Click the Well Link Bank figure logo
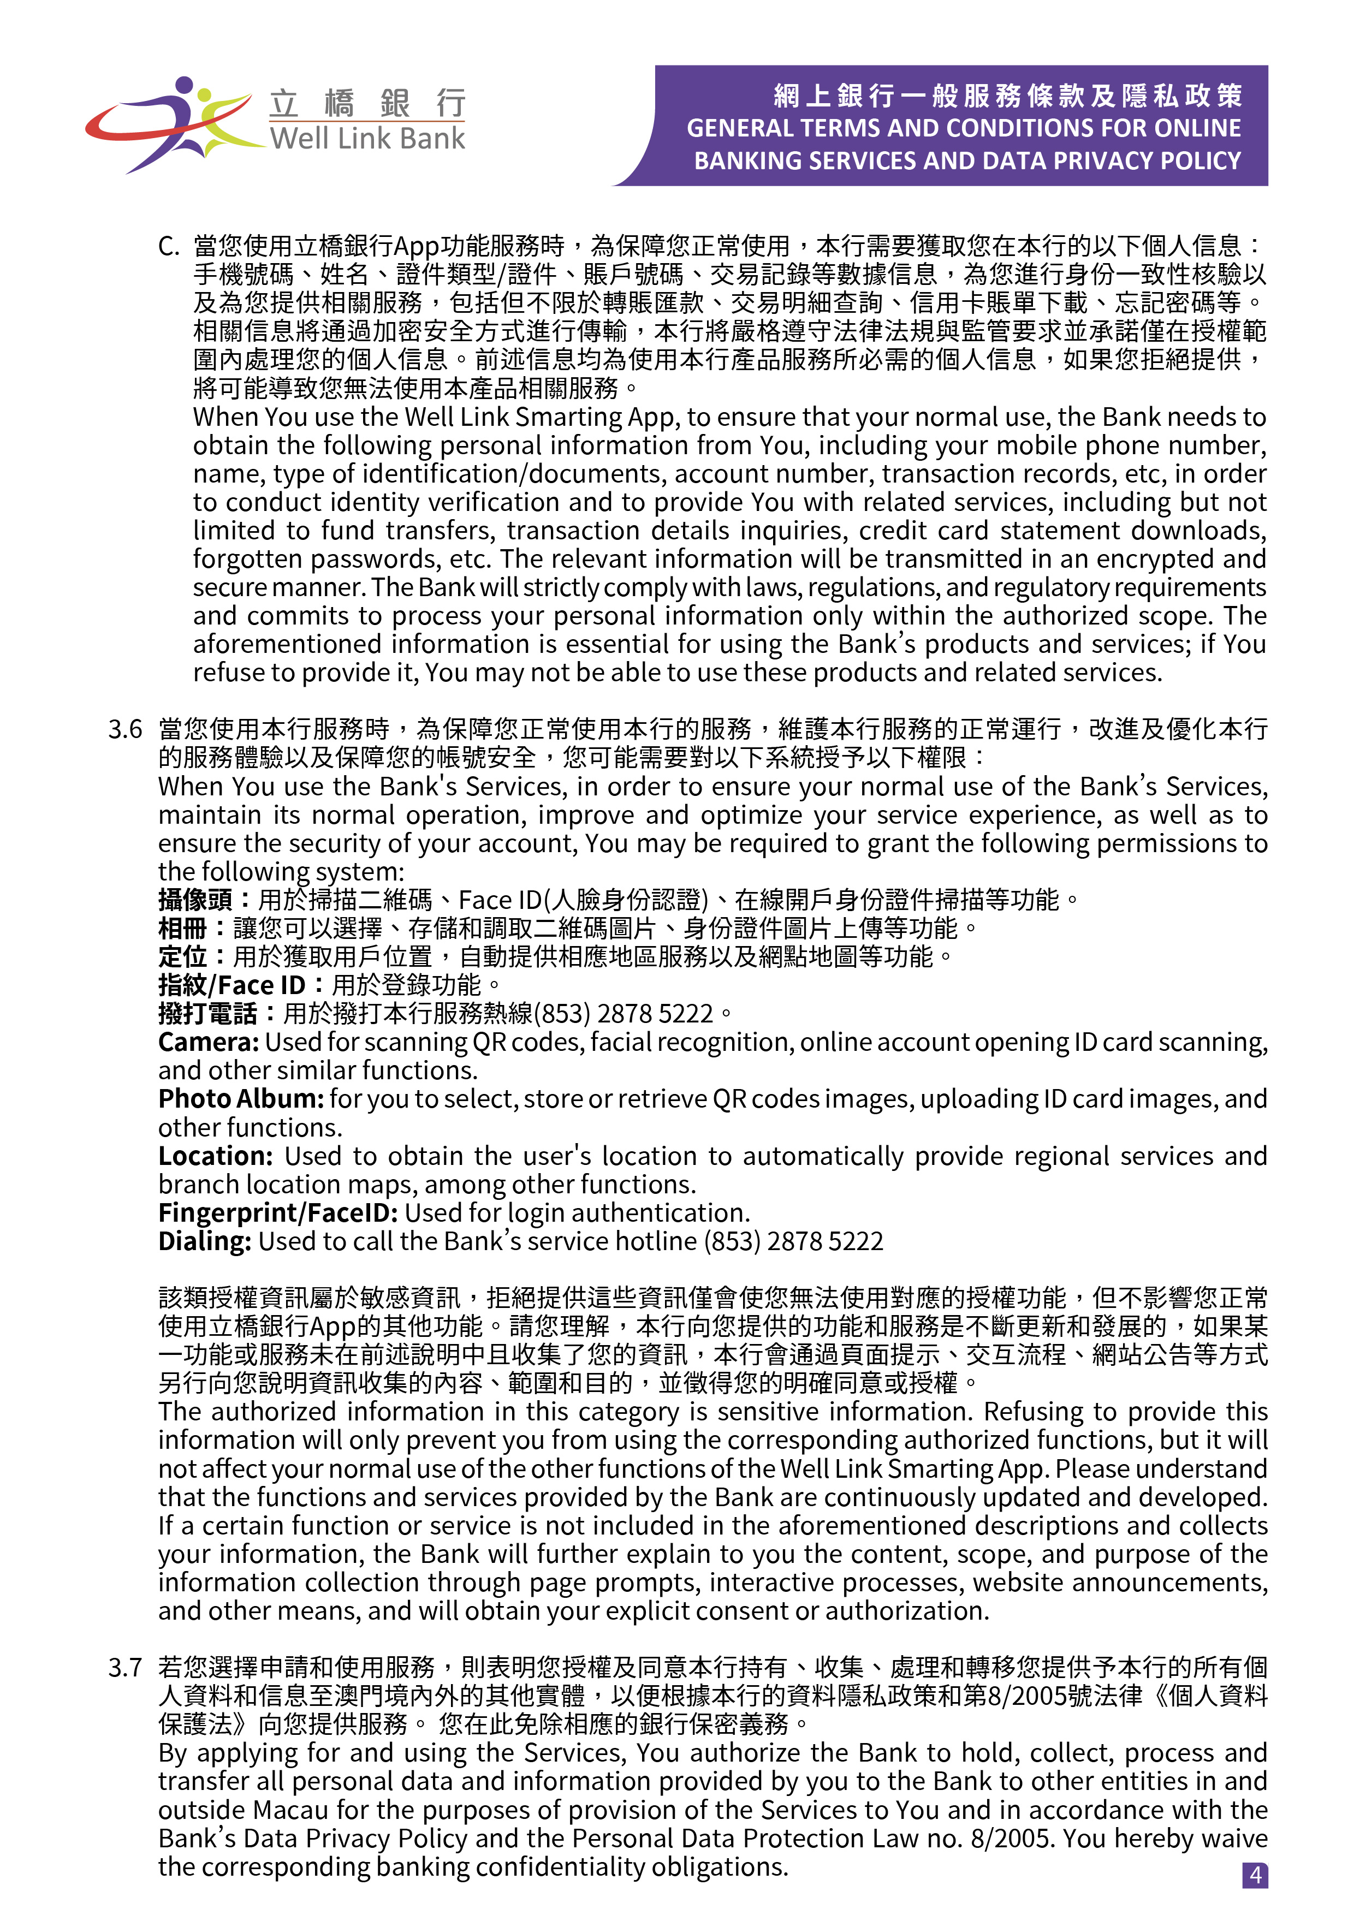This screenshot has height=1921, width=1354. click(171, 124)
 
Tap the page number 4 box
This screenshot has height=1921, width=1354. click(1255, 1875)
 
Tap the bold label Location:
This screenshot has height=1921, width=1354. click(215, 1156)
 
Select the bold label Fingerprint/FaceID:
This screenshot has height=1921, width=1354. click(278, 1212)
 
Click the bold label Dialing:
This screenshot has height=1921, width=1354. click(204, 1241)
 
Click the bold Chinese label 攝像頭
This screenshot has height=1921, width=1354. click(195, 900)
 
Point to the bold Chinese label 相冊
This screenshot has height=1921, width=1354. click(182, 929)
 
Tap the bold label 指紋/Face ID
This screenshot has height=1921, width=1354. click(232, 985)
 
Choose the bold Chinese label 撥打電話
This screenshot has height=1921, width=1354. click(207, 1014)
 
